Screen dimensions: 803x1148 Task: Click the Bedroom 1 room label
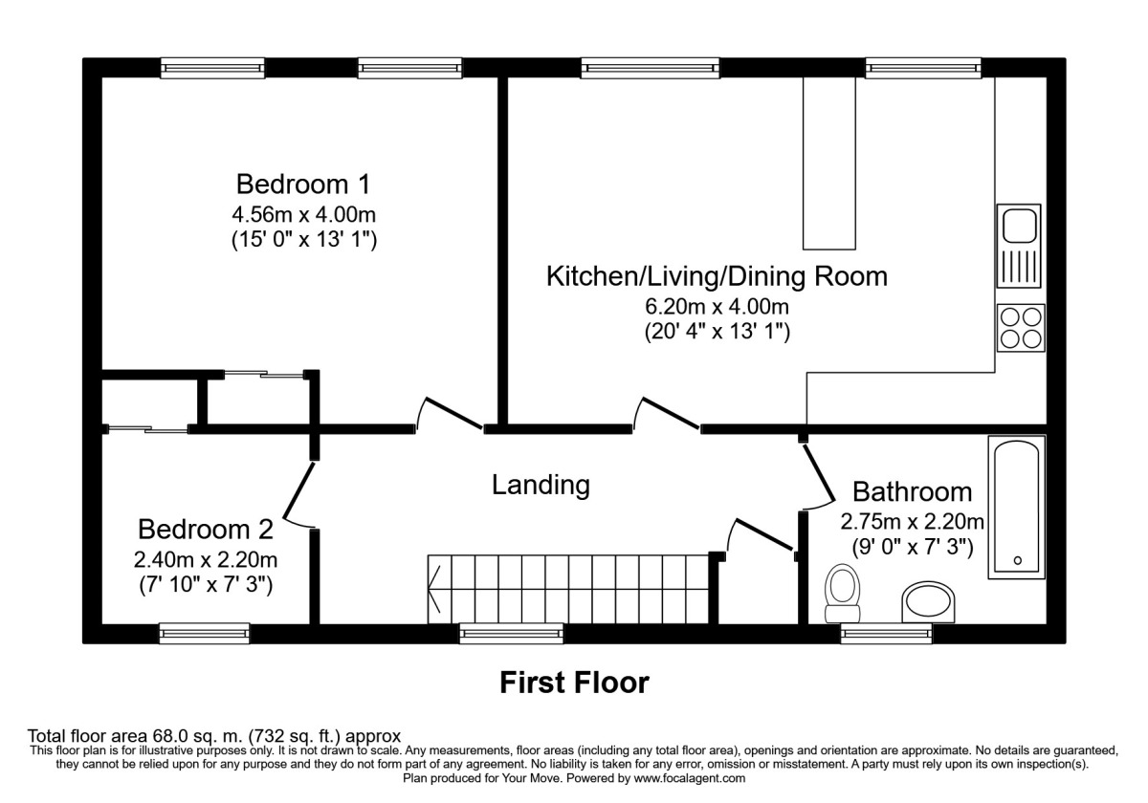click(303, 183)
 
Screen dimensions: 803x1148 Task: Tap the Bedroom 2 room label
click(206, 529)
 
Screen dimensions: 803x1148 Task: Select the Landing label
click(541, 485)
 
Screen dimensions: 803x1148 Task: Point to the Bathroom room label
click(912, 492)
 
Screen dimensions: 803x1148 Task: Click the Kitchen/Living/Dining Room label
click(716, 276)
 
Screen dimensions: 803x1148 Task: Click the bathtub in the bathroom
click(1015, 507)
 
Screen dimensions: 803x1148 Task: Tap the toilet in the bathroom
click(843, 589)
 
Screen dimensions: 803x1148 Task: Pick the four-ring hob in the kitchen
click(1020, 327)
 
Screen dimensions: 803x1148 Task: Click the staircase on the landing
click(569, 587)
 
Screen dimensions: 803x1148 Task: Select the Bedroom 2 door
click(298, 495)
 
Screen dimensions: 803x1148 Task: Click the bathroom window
click(886, 632)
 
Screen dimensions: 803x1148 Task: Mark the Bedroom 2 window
click(204, 632)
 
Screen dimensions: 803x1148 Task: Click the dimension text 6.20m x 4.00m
click(716, 307)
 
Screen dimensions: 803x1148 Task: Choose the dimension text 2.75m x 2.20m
click(912, 522)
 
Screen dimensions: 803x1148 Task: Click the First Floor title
click(574, 683)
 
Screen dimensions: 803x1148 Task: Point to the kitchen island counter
click(828, 163)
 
